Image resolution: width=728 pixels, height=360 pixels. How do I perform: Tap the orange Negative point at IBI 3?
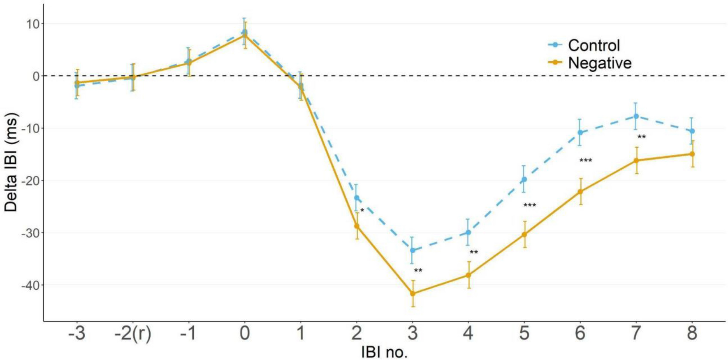coord(413,293)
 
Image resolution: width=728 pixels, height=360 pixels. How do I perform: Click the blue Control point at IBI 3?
coord(413,250)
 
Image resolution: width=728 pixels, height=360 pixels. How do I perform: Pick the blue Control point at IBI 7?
coord(636,116)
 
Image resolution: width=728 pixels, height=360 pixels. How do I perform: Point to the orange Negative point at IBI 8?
coord(692,154)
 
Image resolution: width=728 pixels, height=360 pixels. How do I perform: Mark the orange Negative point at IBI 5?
coord(524,235)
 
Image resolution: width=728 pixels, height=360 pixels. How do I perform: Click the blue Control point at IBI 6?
coord(580,132)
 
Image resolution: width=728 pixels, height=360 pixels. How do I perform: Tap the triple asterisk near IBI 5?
coord(530,205)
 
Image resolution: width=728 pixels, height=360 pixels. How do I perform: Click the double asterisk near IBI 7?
coord(642,137)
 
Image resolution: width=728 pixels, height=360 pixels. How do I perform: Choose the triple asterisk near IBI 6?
coord(586,160)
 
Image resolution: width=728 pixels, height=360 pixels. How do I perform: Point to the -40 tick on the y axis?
coord(30,285)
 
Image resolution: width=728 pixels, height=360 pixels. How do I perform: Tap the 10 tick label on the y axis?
coord(33,24)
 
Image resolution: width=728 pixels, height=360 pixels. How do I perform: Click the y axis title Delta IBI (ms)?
coord(12,163)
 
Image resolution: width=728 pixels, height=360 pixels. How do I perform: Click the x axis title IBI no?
coord(384,352)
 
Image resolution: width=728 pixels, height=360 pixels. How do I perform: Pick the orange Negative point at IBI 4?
coord(468,275)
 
